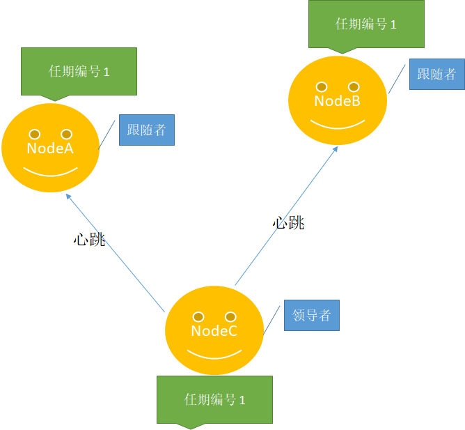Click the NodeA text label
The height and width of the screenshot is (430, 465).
(50, 148)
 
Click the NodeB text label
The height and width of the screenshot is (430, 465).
(338, 101)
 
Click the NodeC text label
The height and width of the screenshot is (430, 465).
(214, 331)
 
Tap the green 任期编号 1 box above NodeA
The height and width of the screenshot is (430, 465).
(79, 72)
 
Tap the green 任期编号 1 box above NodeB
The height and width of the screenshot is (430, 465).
(367, 24)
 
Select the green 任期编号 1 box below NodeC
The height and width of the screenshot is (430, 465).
(214, 400)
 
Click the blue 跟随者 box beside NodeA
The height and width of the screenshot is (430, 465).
(147, 130)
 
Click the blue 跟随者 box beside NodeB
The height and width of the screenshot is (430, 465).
(437, 75)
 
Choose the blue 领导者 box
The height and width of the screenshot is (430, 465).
(312, 316)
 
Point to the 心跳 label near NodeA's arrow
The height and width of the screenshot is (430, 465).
(89, 239)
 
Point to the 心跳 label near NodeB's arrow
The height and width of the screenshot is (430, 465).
(288, 223)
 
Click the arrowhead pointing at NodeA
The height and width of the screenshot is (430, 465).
(68, 197)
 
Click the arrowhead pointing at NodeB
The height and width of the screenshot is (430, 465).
(336, 149)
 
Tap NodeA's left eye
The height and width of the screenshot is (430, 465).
(35, 135)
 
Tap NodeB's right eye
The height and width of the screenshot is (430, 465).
(354, 87)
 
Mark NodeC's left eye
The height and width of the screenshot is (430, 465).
(198, 317)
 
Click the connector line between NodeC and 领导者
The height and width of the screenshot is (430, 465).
(271, 320)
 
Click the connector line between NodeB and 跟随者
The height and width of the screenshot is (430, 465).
(397, 79)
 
